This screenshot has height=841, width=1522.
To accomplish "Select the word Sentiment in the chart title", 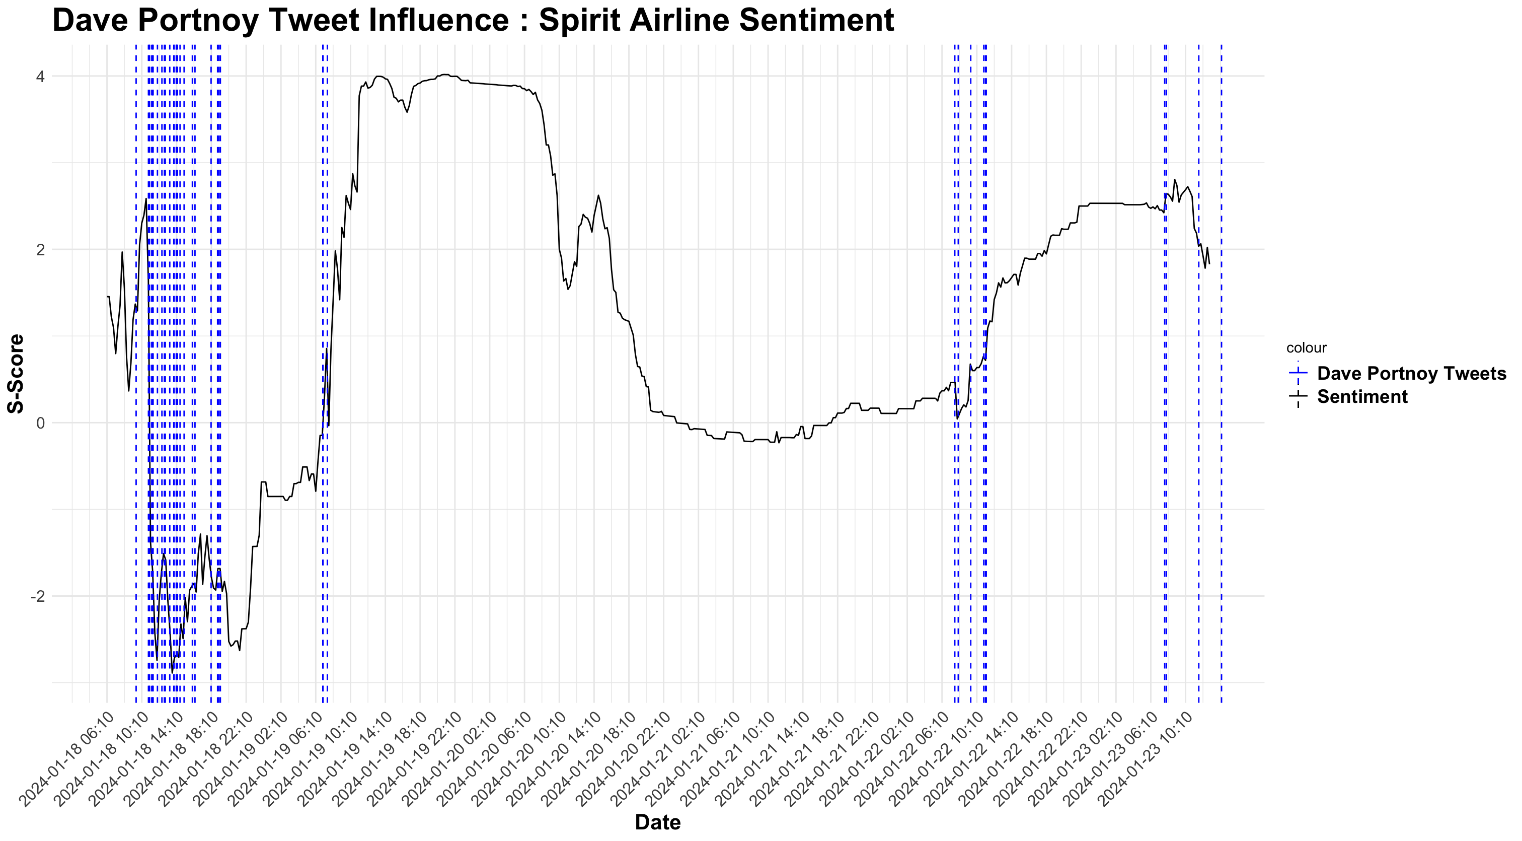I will (x=816, y=20).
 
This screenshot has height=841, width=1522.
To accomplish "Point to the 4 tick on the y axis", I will (x=40, y=76).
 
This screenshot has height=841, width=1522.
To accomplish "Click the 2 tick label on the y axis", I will (x=40, y=249).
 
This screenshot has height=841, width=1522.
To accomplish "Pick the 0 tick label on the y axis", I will (x=40, y=423).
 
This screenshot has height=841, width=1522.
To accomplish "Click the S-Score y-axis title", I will (x=16, y=374).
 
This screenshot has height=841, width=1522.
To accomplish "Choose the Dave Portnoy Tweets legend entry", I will (x=1411, y=374).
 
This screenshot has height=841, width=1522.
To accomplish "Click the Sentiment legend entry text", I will (x=1362, y=396).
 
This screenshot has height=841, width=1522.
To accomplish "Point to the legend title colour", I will (x=1307, y=348).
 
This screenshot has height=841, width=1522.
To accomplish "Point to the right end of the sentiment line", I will (x=1209, y=263).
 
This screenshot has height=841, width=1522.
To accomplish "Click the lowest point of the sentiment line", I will (x=172, y=673).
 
